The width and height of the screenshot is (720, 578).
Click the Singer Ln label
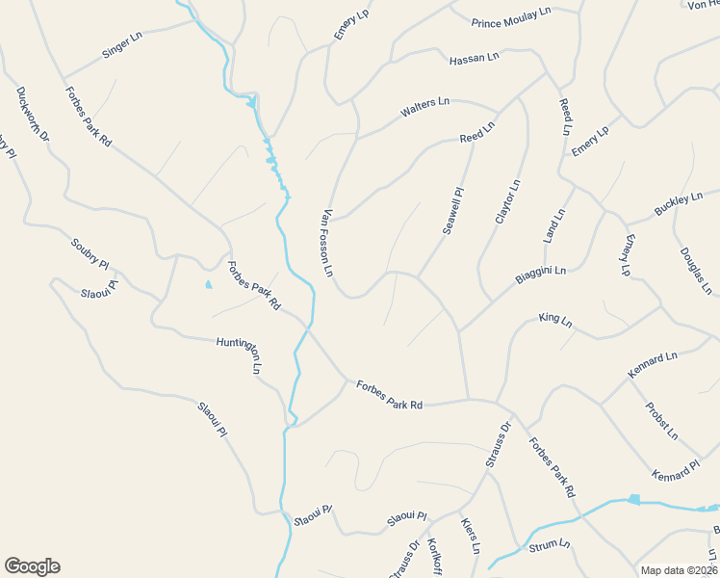click(122, 45)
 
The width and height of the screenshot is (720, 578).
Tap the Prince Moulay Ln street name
click(511, 17)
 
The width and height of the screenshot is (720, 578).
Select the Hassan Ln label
click(475, 59)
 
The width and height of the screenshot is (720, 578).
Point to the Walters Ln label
click(424, 107)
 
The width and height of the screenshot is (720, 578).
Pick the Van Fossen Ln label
click(328, 244)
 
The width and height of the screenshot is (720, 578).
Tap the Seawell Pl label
click(453, 210)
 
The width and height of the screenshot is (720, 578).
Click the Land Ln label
click(554, 224)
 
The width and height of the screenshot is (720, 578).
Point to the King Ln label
click(555, 318)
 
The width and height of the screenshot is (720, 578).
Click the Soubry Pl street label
click(90, 253)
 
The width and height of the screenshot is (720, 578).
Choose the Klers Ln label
click(470, 536)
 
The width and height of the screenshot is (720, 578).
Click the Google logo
click(32, 566)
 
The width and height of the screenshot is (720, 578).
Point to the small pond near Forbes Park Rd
click(209, 285)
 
